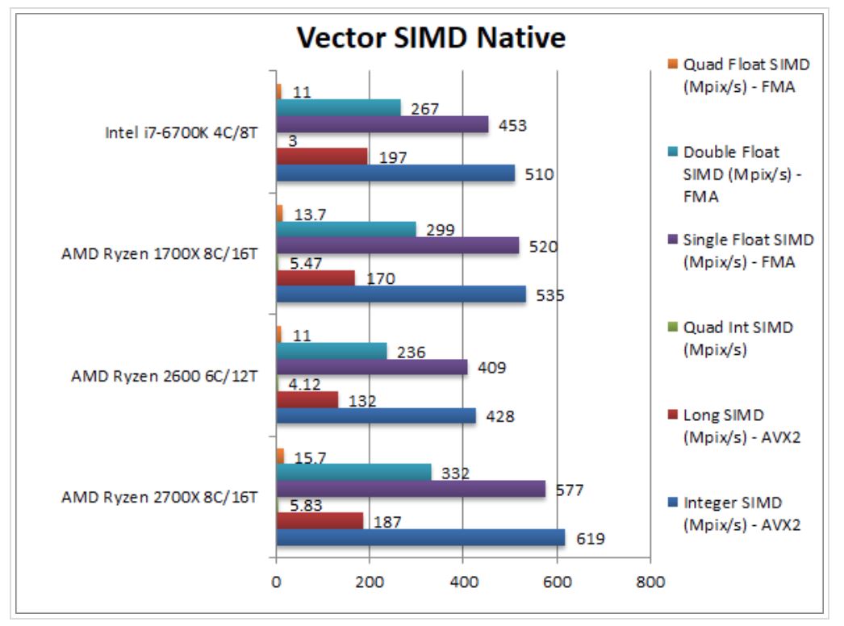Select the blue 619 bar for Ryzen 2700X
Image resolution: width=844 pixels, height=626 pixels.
coord(420,537)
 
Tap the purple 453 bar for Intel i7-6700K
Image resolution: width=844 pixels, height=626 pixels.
coord(382,124)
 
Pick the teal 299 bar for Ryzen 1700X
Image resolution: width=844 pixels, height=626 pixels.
coord(346,229)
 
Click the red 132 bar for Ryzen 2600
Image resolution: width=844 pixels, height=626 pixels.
coord(307,399)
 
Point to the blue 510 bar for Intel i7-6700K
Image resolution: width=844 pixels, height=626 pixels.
coord(395,173)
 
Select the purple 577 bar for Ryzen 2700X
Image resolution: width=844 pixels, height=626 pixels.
coord(411,489)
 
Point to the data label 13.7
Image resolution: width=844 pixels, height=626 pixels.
coord(307,214)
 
